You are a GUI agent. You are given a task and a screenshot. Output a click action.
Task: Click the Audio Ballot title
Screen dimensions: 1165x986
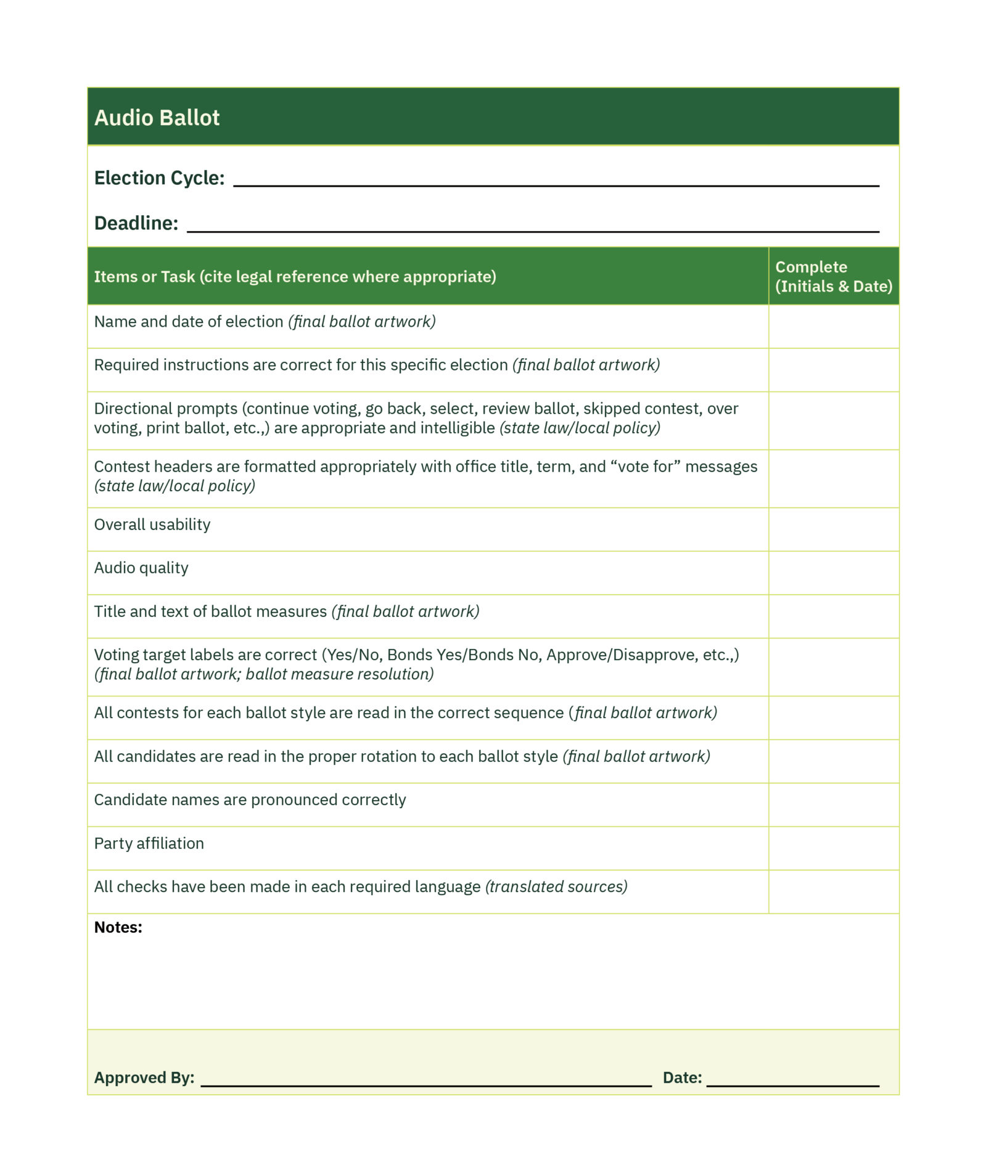coord(157,118)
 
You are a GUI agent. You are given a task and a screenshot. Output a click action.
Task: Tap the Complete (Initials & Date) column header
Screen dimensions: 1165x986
coord(833,276)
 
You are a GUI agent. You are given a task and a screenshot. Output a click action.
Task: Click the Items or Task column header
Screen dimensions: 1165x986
coord(295,277)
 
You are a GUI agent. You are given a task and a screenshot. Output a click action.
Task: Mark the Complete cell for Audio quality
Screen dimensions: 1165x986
coord(833,573)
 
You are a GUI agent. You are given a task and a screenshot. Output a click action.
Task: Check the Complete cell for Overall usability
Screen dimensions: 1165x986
coord(833,529)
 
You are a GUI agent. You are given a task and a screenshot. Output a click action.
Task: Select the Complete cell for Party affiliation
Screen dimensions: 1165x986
coord(833,848)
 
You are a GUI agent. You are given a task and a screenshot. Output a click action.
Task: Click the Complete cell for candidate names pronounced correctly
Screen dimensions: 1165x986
coord(833,804)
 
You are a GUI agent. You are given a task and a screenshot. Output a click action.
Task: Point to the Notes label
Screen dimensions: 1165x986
coord(118,927)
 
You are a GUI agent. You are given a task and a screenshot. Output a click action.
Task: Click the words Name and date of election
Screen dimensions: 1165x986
coord(188,322)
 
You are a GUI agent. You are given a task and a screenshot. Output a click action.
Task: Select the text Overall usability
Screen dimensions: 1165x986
coord(152,525)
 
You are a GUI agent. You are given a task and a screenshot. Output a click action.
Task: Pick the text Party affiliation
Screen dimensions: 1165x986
coord(149,843)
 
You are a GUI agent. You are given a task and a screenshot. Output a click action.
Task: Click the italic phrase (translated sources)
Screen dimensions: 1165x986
coord(556,886)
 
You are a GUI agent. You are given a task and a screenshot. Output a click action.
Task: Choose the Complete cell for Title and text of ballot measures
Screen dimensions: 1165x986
coord(833,616)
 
